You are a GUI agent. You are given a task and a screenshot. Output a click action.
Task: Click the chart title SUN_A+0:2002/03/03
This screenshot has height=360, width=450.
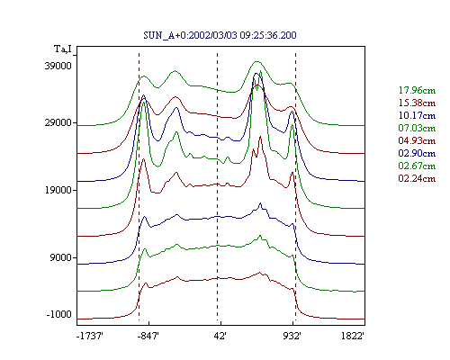[x=191, y=35]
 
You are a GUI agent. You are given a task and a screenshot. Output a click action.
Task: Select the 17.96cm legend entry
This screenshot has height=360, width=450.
[x=417, y=90]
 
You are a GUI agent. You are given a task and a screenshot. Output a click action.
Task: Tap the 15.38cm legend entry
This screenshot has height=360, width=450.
[x=417, y=103]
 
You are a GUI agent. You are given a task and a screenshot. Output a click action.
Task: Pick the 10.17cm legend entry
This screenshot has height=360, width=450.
[x=417, y=115]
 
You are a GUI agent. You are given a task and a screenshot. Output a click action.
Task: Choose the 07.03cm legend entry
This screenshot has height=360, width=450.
[x=417, y=128]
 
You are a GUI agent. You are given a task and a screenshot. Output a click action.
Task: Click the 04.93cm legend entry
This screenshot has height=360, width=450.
[x=417, y=140]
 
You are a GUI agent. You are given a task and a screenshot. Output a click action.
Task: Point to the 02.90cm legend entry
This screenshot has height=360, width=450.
[x=417, y=153]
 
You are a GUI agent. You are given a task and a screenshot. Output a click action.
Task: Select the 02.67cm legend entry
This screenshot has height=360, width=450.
[x=417, y=166]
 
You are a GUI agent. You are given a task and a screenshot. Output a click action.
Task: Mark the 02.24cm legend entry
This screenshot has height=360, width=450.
[x=417, y=178]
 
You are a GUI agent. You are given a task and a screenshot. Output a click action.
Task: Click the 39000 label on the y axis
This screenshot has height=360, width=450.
[x=58, y=66]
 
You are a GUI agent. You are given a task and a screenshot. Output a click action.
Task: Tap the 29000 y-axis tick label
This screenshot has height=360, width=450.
[x=58, y=122]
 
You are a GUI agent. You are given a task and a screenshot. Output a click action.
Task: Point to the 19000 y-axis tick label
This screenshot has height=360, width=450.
[x=58, y=190]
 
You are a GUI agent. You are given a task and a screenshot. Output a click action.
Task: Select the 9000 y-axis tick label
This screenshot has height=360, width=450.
[x=61, y=257]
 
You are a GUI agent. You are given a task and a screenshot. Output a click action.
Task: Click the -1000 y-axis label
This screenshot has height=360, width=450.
[x=59, y=314]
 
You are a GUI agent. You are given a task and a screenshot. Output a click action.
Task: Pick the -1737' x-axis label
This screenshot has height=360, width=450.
[x=90, y=337]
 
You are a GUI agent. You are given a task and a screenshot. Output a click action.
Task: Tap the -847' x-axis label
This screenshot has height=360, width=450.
[x=148, y=337]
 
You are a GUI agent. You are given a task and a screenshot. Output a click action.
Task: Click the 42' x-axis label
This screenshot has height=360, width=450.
[x=220, y=337]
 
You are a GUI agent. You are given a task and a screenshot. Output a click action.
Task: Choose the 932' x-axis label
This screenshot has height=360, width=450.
[x=292, y=337]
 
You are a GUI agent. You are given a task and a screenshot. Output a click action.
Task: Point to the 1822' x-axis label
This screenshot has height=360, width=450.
[x=353, y=337]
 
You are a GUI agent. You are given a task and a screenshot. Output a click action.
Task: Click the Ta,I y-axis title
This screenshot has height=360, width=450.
[x=63, y=49]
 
